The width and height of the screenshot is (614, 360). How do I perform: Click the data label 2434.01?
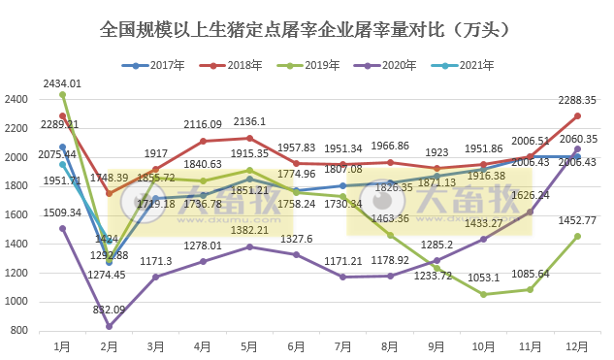(62, 84)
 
